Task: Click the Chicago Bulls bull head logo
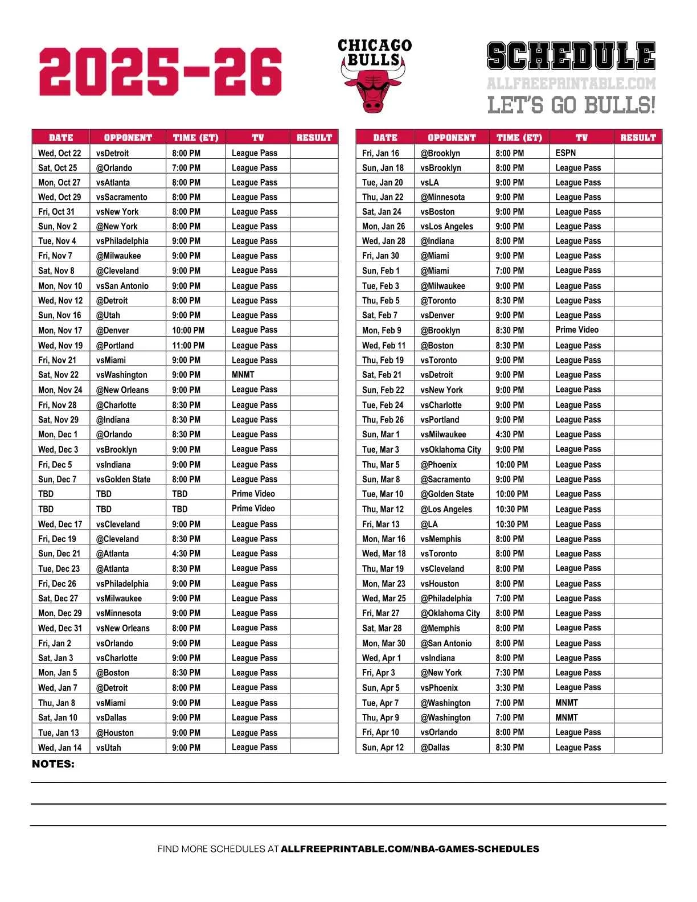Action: [374, 91]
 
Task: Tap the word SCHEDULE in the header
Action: [571, 56]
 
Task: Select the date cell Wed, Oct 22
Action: [60, 153]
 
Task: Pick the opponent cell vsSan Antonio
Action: [122, 286]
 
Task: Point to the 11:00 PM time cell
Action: [188, 345]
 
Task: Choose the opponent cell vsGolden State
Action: [124, 479]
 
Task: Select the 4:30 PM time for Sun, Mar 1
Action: [510, 434]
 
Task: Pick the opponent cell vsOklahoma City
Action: [451, 449]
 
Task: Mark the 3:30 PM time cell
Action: [510, 688]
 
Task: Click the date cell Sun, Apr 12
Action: [383, 747]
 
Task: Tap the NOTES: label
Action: [53, 764]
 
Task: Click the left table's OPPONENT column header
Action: [128, 137]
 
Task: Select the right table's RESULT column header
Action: [638, 137]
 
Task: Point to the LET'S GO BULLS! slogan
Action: [571, 105]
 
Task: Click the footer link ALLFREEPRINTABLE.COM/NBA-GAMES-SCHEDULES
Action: [410, 849]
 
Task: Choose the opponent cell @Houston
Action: [115, 733]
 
